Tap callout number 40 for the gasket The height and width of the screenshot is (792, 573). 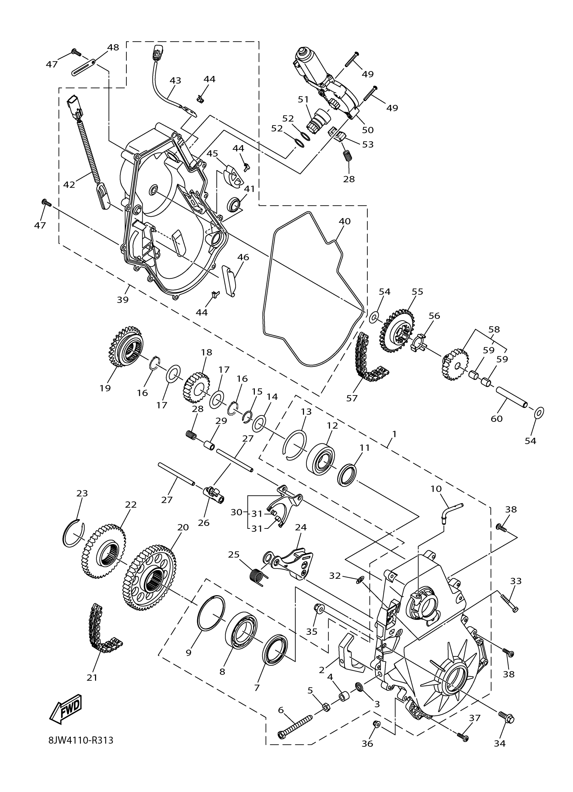click(344, 221)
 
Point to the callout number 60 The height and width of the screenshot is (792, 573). click(496, 418)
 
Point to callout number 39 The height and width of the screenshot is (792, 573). click(123, 300)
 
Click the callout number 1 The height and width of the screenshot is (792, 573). click(394, 434)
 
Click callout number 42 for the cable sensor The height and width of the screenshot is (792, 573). click(69, 184)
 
